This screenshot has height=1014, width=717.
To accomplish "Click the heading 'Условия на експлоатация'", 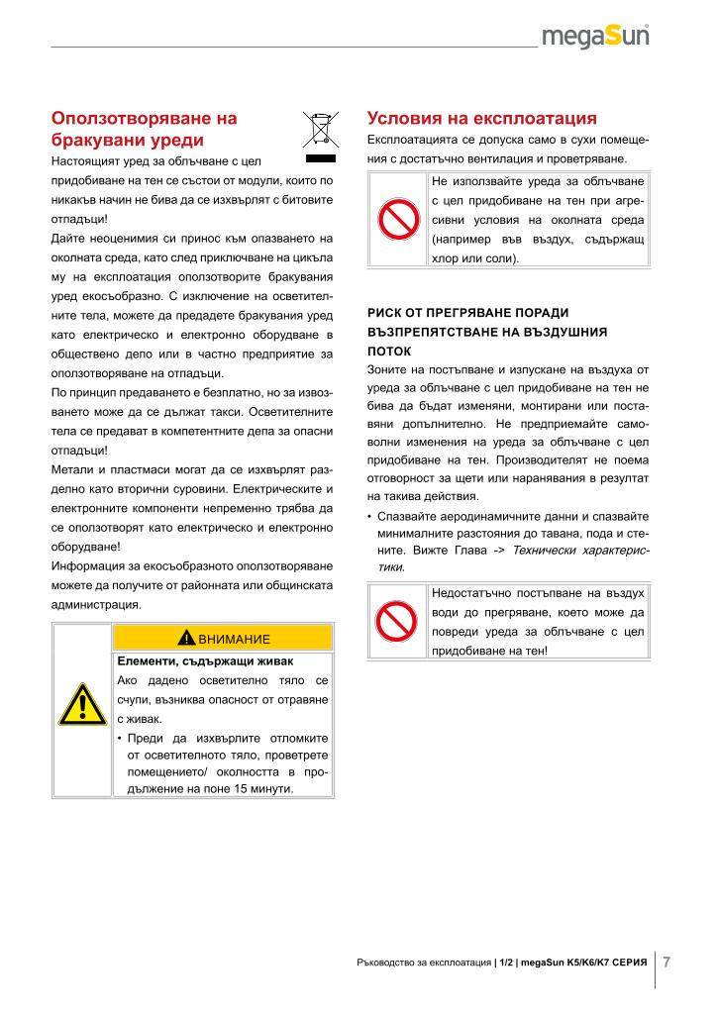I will click(x=482, y=119).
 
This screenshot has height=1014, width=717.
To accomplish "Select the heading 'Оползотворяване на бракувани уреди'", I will click(x=145, y=130).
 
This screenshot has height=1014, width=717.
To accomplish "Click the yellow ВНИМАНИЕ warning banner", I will click(x=223, y=637).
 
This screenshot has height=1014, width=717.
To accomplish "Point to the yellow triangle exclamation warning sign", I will click(x=82, y=705).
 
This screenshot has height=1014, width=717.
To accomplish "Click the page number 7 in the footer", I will click(x=667, y=961).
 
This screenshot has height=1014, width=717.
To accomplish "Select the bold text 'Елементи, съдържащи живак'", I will click(x=192, y=660).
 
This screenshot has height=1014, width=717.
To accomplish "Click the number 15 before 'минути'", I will click(x=254, y=788).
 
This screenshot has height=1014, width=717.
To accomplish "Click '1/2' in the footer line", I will click(x=506, y=963).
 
